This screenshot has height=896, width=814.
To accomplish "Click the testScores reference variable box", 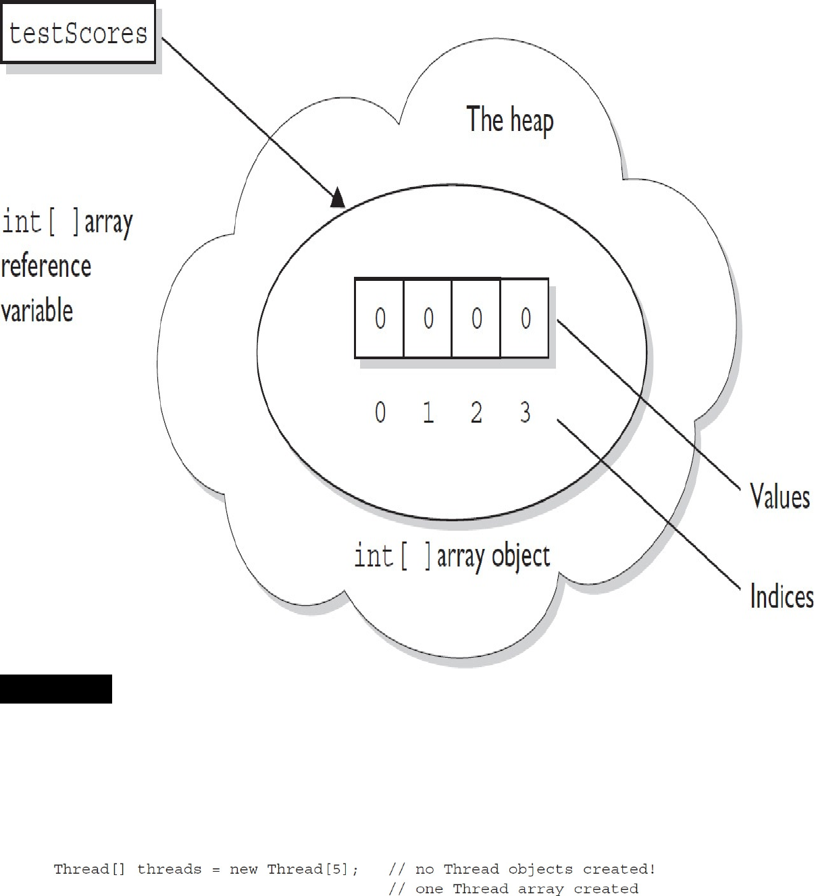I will pyautogui.click(x=78, y=33).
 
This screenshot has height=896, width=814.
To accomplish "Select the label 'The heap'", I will pyautogui.click(x=510, y=120).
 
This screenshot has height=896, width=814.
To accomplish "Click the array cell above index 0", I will pyautogui.click(x=380, y=318).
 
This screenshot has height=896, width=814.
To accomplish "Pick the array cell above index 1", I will pyautogui.click(x=428, y=318).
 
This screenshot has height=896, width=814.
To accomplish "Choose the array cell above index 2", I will pyautogui.click(x=476, y=318).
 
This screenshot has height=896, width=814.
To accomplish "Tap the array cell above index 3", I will pyautogui.click(x=525, y=318).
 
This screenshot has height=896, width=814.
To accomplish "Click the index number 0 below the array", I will pyautogui.click(x=380, y=412).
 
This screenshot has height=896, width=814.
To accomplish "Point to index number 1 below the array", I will pyautogui.click(x=428, y=412).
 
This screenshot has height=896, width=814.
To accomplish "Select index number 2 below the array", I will pyautogui.click(x=476, y=412).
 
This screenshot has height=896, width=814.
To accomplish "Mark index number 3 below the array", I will pyautogui.click(x=526, y=412).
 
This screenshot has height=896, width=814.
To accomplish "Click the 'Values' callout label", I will pyautogui.click(x=780, y=497).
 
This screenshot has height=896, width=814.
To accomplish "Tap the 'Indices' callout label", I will pyautogui.click(x=782, y=597).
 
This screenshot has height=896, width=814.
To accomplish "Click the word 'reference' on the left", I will pyautogui.click(x=46, y=266).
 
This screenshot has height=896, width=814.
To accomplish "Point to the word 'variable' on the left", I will pyautogui.click(x=37, y=311).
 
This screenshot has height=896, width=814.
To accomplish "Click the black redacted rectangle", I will pyautogui.click(x=56, y=689).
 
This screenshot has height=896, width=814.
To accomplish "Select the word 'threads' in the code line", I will pyautogui.click(x=170, y=870).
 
